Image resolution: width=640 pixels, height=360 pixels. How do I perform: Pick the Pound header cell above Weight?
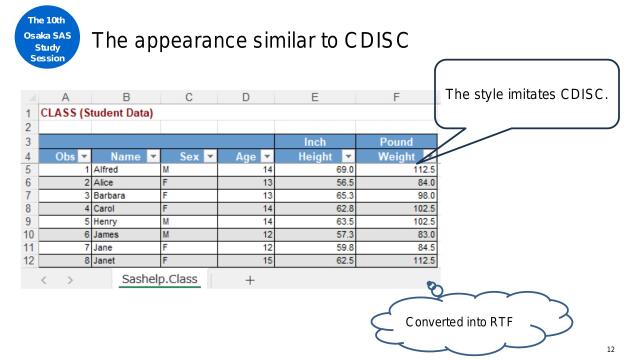pyautogui.click(x=397, y=143)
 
